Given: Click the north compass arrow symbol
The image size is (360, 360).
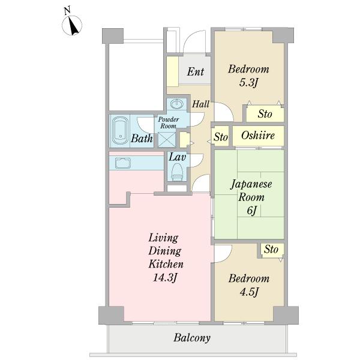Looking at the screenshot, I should point(73,26).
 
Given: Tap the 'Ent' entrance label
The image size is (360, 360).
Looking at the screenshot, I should point(195,72).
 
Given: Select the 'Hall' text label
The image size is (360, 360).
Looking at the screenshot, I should point(200,104).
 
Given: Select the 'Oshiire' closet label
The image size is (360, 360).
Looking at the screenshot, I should point(258,136).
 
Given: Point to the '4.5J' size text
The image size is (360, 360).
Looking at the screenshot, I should point(248,292).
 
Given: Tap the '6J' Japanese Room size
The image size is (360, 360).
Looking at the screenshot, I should point(251,210).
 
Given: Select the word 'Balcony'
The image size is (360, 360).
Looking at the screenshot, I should point(192,338).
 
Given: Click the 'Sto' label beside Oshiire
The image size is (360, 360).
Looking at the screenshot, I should point(221,137).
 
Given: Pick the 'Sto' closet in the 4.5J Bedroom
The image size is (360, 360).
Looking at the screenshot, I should point(271,249).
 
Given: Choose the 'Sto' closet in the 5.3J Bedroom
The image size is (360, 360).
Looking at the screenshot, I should point(265,113).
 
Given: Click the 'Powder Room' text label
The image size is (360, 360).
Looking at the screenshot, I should point(167,122).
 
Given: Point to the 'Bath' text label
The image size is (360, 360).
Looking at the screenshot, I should point(142,139).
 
